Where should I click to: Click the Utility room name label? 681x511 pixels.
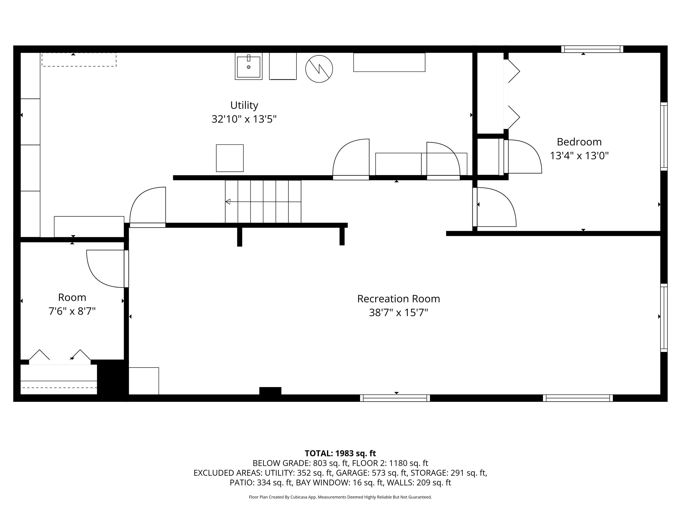point(244,105)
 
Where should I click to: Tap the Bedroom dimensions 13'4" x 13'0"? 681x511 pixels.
point(579,156)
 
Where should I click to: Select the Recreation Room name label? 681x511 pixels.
point(398,299)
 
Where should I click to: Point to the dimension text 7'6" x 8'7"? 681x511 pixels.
point(72,311)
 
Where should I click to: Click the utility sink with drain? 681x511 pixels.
point(248,66)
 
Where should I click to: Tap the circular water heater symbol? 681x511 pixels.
point(319,69)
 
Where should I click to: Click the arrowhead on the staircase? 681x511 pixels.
point(228,202)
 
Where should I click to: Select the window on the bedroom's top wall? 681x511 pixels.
point(592,49)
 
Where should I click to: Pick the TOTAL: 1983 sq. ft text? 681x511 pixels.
point(340,453)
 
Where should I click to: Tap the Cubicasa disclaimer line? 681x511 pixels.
point(340,497)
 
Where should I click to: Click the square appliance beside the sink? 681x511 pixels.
point(283,66)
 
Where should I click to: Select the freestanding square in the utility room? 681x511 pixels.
point(230,158)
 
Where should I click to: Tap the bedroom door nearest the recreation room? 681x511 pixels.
point(494,207)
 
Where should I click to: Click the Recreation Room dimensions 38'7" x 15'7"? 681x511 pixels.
point(398,313)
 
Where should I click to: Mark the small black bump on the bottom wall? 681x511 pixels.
point(270,391)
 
